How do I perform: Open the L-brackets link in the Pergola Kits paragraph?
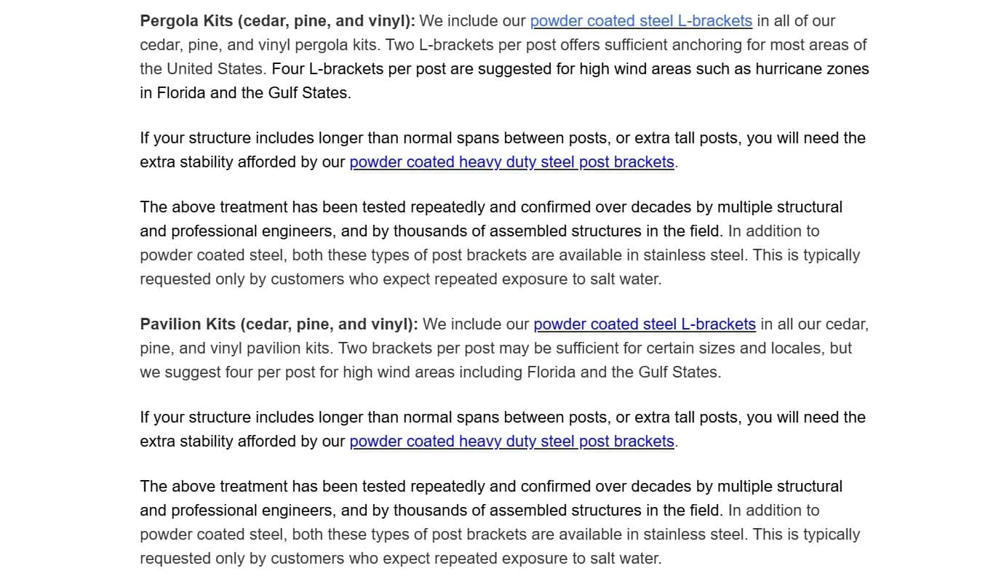pyautogui.click(x=641, y=21)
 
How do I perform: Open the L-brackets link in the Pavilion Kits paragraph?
pyautogui.click(x=645, y=324)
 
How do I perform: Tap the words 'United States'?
pyautogui.click(x=215, y=69)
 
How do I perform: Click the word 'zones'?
pyautogui.click(x=848, y=69)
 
